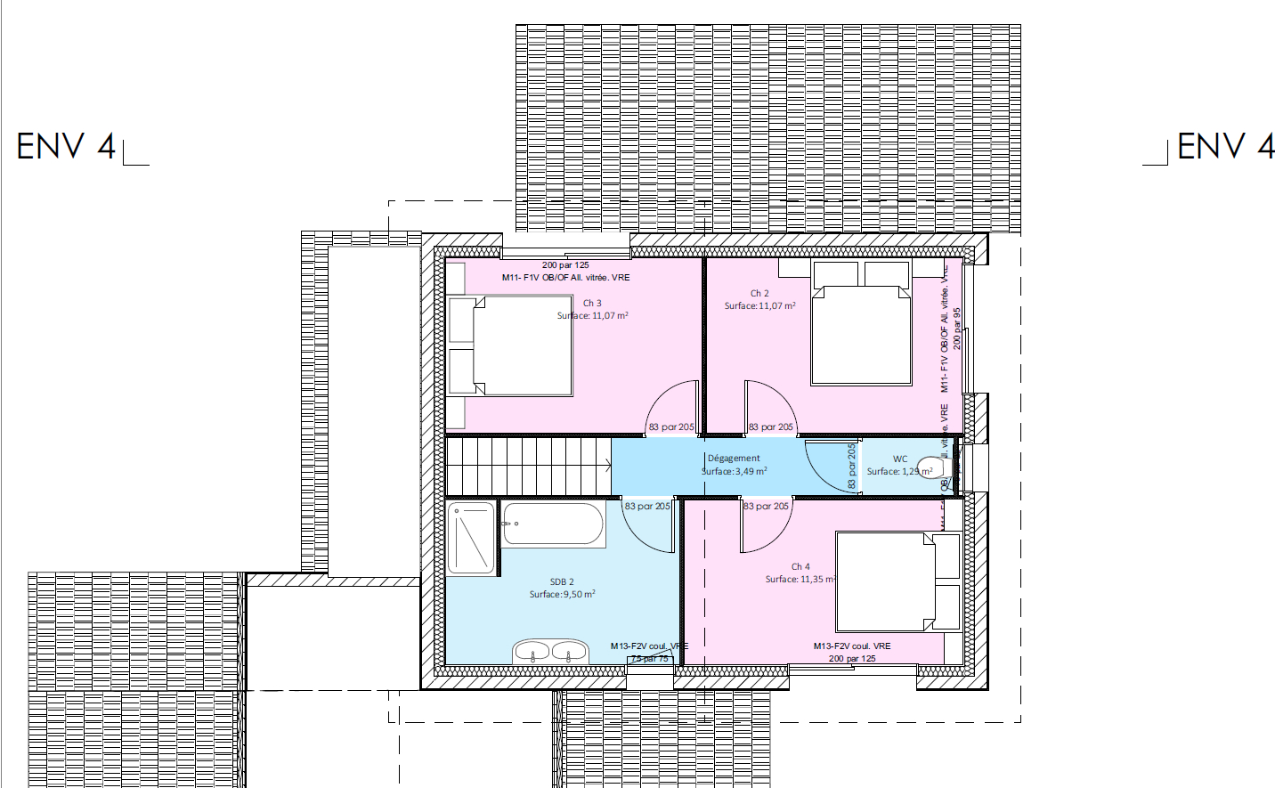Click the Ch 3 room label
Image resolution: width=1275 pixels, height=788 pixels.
pos(592,304)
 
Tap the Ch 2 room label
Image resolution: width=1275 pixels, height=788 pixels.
pos(759,293)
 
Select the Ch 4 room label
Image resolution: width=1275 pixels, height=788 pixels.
pos(800,566)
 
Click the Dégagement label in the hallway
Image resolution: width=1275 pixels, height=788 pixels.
pos(734,459)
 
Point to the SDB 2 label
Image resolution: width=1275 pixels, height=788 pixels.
pos(562,582)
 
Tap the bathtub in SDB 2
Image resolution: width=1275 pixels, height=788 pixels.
pos(554,524)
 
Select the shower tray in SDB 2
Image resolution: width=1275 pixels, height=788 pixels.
pos(472,539)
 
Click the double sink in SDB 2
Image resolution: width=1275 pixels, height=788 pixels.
pos(550,652)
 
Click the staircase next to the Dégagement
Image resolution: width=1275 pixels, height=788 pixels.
pos(527,466)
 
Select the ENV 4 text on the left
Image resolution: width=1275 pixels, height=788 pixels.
pos(67,147)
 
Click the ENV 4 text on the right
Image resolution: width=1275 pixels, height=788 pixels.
pos(1225,146)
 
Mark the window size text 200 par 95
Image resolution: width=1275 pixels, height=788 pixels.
pos(957,329)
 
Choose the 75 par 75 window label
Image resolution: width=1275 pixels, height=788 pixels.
pos(650,659)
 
